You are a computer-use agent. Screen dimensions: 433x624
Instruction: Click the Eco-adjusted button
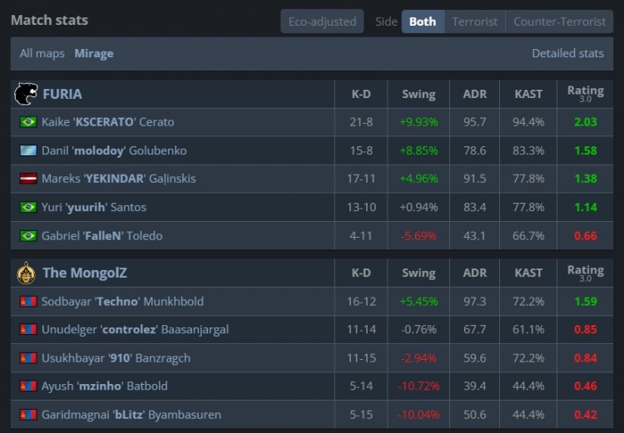click(322, 22)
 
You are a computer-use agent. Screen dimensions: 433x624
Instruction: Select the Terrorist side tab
click(475, 22)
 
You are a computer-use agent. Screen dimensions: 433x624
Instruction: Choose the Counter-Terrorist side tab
click(560, 22)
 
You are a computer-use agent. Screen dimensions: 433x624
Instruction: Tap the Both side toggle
click(423, 22)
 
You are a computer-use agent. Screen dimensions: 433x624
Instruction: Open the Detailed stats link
click(567, 53)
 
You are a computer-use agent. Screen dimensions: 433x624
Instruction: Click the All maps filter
click(42, 53)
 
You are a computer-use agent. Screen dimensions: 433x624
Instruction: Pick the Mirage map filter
click(94, 53)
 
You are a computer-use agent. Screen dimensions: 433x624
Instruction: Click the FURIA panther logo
click(26, 94)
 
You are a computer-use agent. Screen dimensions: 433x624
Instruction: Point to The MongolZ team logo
click(26, 273)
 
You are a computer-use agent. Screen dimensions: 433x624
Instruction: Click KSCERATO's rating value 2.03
click(585, 122)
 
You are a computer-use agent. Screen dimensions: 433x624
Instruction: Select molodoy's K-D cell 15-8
click(361, 150)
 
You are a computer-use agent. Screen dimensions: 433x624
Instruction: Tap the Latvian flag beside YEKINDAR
click(28, 179)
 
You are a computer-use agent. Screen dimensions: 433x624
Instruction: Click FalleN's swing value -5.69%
click(418, 236)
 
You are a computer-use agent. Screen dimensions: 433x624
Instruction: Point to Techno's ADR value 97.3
click(474, 302)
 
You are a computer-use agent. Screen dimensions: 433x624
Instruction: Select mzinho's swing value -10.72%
click(418, 386)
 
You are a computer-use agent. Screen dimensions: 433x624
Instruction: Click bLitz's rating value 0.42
click(585, 415)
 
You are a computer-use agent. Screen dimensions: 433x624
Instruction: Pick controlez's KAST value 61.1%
click(528, 330)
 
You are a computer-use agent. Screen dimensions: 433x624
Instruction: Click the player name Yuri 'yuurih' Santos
click(93, 207)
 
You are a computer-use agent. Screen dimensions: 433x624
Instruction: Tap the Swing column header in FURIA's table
click(418, 94)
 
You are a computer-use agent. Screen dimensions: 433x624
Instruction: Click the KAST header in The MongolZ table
click(528, 273)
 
